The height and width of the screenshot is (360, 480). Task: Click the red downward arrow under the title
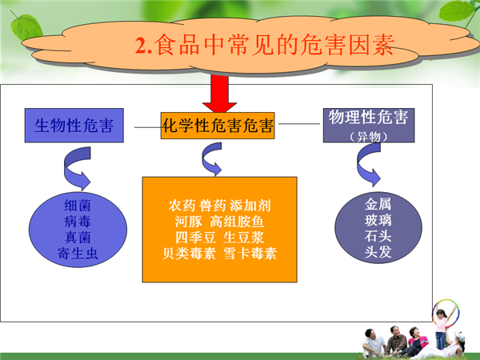[219, 94]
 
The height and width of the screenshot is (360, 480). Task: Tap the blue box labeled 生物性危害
[74, 126]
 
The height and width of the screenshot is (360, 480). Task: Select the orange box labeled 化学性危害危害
[218, 126]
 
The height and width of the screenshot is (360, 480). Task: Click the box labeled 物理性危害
[369, 126]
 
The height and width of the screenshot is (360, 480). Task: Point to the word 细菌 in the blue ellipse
[78, 206]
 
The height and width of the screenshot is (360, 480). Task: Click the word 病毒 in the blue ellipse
[78, 222]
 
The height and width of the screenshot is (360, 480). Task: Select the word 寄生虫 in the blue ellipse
[78, 254]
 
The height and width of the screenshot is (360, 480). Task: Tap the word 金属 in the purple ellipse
[378, 204]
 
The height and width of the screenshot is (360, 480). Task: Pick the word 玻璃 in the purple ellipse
[378, 220]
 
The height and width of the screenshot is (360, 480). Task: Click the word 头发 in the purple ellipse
[378, 252]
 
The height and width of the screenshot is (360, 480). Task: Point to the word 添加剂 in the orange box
[250, 206]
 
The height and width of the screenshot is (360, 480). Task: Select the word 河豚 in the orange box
[188, 222]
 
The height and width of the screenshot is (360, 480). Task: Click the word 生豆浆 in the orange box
[243, 238]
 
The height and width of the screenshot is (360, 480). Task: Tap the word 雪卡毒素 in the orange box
[250, 254]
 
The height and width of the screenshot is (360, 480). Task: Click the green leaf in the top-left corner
[26, 27]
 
